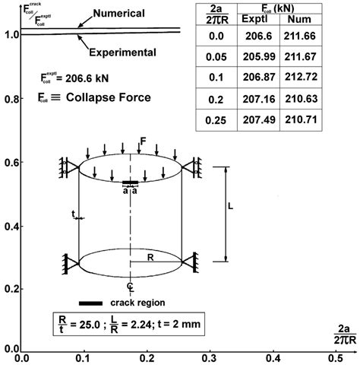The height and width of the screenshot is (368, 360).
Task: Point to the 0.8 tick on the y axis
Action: (x=11, y=99)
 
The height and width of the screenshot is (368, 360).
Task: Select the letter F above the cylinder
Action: (x=143, y=141)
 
